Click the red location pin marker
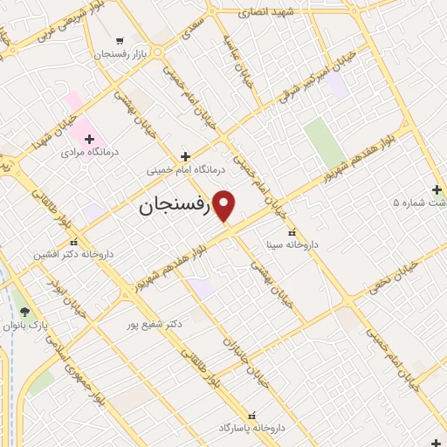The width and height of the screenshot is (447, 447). [224, 206]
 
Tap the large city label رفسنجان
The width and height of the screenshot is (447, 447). [175, 208]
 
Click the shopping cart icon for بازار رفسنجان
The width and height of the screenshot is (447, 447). [120, 40]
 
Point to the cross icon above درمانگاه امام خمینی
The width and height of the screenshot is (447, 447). [184, 157]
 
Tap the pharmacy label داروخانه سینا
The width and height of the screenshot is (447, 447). [292, 245]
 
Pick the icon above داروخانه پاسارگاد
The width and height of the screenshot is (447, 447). [252, 416]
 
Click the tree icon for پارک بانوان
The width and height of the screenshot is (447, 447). [24, 312]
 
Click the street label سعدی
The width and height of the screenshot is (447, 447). [190, 33]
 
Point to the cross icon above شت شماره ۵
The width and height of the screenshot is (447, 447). [437, 189]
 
